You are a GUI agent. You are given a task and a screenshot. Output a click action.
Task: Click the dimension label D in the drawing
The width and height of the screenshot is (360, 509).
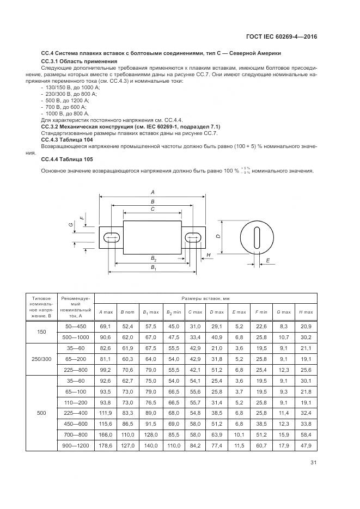(x=217, y=236)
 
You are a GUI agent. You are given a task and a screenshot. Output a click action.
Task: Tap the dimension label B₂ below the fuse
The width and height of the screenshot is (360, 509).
(x=154, y=258)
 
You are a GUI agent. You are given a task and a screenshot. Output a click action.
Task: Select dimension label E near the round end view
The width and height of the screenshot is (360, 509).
(x=267, y=261)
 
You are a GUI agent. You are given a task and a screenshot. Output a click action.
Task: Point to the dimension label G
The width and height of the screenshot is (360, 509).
(x=71, y=224)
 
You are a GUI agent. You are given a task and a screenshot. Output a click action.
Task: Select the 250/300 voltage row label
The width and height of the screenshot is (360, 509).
(x=42, y=359)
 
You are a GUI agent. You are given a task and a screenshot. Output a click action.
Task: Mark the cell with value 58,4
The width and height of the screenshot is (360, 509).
(x=306, y=434)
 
